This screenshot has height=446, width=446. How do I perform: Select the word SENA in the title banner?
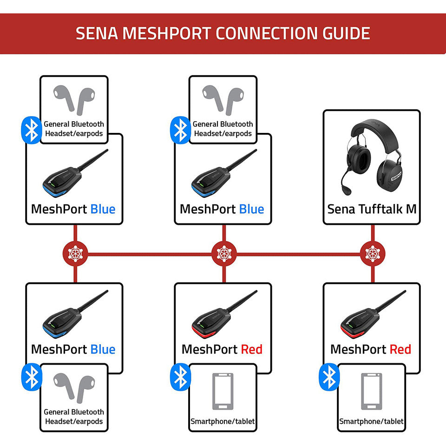pyautogui.click(x=95, y=34)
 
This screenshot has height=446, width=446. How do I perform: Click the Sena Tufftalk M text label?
pyautogui.click(x=372, y=209)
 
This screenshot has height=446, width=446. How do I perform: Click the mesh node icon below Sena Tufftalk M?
pyautogui.click(x=372, y=254)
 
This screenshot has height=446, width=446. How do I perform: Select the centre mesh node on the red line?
pyautogui.click(x=223, y=254)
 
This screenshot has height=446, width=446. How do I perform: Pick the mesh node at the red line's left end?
pyautogui.click(x=75, y=254)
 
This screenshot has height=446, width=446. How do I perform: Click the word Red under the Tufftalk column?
pyautogui.click(x=400, y=349)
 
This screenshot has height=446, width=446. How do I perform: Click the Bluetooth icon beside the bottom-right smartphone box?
pyautogui.click(x=329, y=377)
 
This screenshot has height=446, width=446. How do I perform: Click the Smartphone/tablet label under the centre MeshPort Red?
pyautogui.click(x=223, y=422)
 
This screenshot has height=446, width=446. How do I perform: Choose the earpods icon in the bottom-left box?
pyautogui.click(x=73, y=387)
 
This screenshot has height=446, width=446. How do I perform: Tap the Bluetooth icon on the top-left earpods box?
pyautogui.click(x=32, y=130)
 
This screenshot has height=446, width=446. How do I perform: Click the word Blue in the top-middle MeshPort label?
pyautogui.click(x=251, y=209)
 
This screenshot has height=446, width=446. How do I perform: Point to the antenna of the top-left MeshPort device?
pyautogui.click(x=93, y=160)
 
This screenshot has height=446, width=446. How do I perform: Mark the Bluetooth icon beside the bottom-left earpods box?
pyautogui.click(x=32, y=377)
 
